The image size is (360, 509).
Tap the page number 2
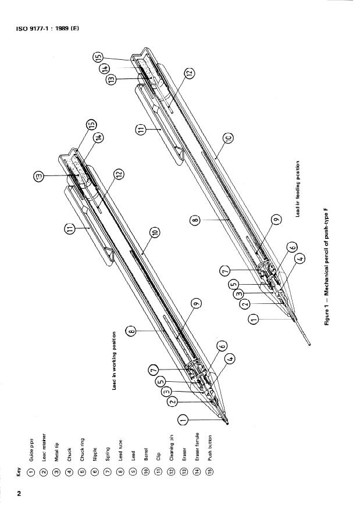19,494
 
